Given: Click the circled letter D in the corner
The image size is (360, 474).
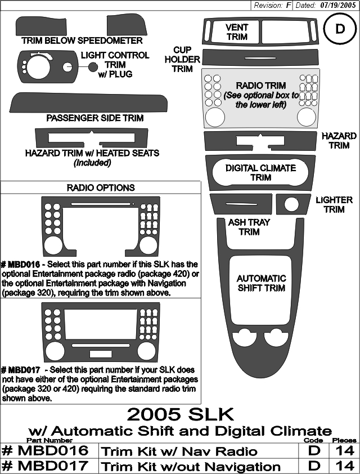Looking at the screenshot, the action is point(340,29).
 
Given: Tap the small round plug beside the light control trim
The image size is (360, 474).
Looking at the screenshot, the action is point(93,67).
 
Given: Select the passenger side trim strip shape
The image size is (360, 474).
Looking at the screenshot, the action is point(88,103).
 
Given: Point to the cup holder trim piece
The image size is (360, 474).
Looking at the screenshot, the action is point(260,57).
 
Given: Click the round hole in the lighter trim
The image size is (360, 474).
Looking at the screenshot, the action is point(291,204).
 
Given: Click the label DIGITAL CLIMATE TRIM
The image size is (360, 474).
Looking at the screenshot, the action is point(260,173).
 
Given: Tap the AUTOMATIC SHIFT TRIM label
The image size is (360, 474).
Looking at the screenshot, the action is point(261,283).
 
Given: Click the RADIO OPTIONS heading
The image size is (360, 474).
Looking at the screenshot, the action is point(101,187).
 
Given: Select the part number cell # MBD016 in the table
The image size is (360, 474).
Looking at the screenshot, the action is point(46,451).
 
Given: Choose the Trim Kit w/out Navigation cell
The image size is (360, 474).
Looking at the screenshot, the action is point(191,466).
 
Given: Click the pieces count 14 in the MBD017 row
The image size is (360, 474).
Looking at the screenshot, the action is point(345,466).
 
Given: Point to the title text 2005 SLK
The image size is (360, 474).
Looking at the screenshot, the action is point(181,414).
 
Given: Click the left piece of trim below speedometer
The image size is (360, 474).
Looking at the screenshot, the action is point(41,26).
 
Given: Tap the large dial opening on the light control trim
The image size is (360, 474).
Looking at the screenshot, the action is point(39,66).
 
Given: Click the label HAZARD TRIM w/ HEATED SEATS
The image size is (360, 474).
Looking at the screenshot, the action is point(92,153).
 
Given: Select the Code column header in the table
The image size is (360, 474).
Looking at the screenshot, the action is point(313,440).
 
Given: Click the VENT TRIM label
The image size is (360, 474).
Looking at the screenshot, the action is point(237,32).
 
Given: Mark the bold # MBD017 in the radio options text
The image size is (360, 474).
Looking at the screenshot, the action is point(21,370).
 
